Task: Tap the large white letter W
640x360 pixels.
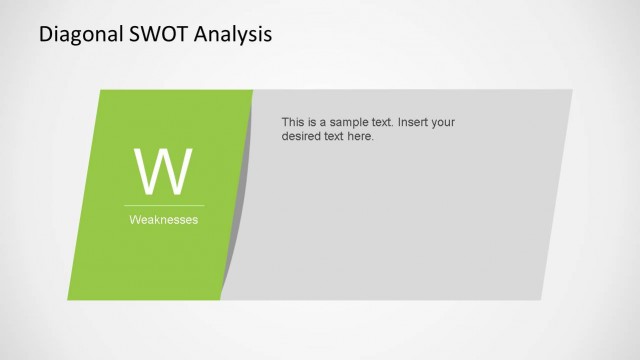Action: (x=163, y=172)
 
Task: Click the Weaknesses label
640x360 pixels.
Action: (x=163, y=220)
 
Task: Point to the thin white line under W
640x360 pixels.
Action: (x=163, y=205)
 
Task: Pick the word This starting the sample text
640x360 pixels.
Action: (x=295, y=122)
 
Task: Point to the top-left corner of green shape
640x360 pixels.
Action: (x=101, y=91)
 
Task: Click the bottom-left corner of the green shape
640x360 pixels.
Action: (x=69, y=299)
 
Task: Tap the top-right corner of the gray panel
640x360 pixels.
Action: (x=572, y=91)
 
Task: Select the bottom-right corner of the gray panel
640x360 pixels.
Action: (x=541, y=299)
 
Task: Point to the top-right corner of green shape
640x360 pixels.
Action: (x=252, y=91)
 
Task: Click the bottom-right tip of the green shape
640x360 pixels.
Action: (x=220, y=299)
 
